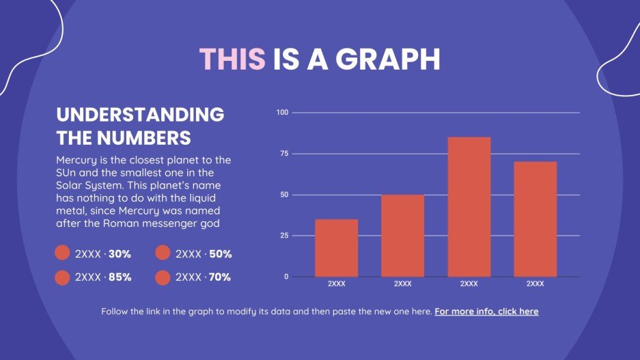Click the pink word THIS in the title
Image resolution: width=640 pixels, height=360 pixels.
tap(232, 60)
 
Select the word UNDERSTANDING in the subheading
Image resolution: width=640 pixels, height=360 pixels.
tap(140, 115)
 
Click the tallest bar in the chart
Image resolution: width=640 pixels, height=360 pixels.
tap(469, 206)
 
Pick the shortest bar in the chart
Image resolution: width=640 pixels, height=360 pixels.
tap(336, 247)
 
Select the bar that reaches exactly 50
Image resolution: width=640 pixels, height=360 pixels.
tap(402, 235)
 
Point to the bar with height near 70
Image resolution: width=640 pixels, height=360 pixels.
tap(535, 219)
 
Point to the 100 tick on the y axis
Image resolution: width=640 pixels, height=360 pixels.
tap(282, 112)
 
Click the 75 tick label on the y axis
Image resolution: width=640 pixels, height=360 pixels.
tap(283, 154)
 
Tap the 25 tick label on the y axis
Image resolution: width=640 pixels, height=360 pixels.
tap(283, 236)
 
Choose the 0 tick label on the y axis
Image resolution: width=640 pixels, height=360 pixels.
tap(286, 277)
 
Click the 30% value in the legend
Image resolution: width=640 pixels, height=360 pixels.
tap(120, 254)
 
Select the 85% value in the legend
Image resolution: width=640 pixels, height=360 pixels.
tap(120, 277)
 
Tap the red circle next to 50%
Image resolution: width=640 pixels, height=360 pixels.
tap(163, 253)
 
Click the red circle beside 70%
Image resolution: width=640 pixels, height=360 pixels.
tap(163, 277)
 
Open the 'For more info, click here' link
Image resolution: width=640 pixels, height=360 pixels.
tap(486, 311)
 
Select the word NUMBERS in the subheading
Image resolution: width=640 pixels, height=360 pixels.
tap(144, 138)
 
